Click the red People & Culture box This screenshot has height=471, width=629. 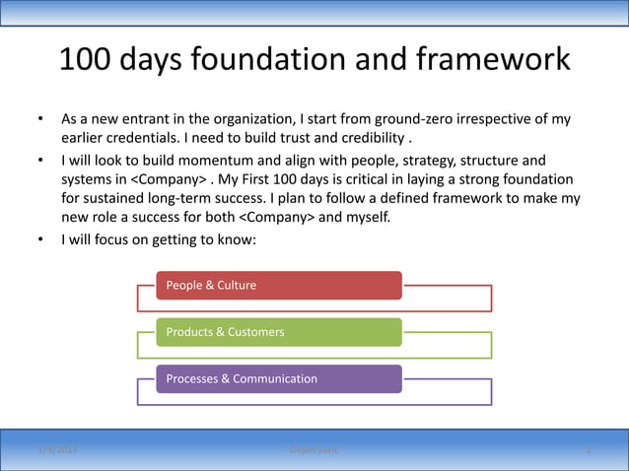[279, 285]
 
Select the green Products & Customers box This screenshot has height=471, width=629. [279, 332]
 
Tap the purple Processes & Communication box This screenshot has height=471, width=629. [279, 379]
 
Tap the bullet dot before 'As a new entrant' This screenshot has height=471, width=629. [40, 120]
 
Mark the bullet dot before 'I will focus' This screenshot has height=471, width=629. [40, 239]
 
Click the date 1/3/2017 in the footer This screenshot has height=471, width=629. [58, 450]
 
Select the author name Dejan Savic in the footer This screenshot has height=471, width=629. [314, 450]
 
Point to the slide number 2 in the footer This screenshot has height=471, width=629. [588, 450]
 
